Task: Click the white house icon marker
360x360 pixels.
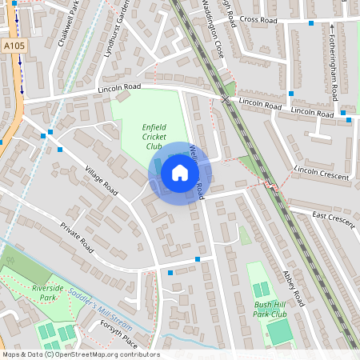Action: pos(180,172)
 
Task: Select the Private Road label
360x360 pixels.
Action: pos(77,238)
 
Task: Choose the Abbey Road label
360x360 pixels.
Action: pos(293,286)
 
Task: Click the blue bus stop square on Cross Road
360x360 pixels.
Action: pos(311,23)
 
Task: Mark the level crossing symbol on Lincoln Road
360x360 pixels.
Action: pos(226,99)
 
